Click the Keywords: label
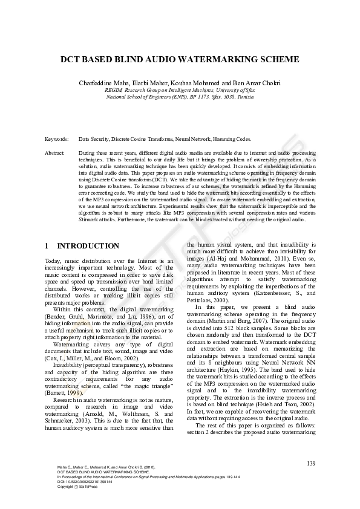[56, 138]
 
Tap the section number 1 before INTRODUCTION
[47, 246]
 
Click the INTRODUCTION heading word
[88, 246]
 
